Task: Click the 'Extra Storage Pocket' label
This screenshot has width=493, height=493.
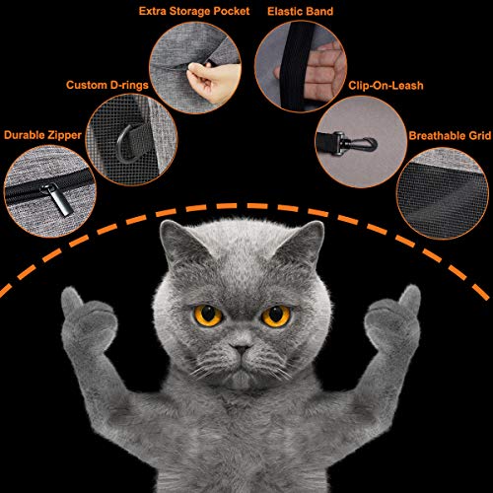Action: (194, 12)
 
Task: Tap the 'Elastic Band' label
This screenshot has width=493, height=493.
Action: (301, 12)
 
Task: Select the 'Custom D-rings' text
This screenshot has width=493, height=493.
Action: (107, 85)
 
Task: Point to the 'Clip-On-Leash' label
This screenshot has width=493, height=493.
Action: (386, 86)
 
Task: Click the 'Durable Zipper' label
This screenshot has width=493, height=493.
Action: (42, 135)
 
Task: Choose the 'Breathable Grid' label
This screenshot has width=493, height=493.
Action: (450, 136)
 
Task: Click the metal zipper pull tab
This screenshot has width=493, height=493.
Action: (56, 199)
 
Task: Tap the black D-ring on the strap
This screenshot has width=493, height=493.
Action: (125, 145)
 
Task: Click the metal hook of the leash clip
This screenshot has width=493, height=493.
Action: (362, 144)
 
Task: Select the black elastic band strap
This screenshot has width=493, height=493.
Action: (297, 66)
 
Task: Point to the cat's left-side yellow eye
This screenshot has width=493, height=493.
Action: (208, 316)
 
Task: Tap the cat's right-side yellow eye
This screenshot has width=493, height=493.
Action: (276, 317)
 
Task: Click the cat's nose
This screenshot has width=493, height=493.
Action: (241, 348)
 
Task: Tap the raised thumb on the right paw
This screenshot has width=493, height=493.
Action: (411, 299)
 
